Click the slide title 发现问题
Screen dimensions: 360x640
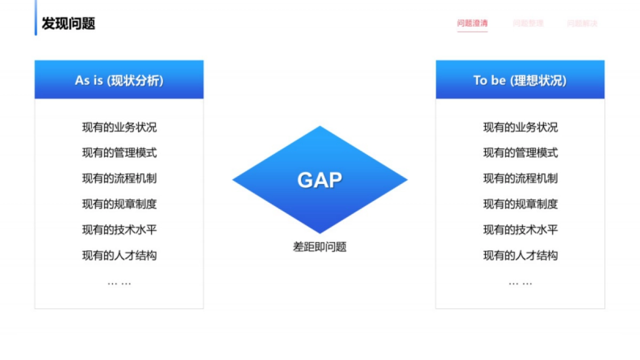68,24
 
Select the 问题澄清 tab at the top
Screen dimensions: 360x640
472,23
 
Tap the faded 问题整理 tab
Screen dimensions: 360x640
528,23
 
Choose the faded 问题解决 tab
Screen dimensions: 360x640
582,23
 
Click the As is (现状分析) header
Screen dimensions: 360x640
119,80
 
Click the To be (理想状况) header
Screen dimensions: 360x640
520,80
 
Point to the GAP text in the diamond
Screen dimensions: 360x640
319,180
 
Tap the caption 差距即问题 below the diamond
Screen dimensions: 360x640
319,247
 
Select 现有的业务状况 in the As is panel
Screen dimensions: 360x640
119,127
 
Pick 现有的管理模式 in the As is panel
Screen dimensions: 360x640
119,153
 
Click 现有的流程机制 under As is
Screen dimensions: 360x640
119,179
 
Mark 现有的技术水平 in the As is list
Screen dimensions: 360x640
119,230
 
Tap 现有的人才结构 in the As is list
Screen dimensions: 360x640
119,255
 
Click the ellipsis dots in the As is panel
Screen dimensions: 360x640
119,283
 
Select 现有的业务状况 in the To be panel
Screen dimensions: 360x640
520,127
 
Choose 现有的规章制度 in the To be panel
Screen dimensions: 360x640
520,204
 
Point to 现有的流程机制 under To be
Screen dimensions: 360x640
520,179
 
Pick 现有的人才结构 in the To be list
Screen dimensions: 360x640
520,255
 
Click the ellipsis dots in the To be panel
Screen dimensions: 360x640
520,283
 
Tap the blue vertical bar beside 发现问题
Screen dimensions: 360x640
36,24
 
